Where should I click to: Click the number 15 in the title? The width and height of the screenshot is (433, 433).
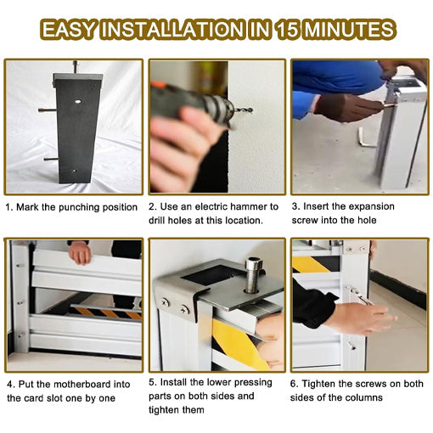tap(287, 31)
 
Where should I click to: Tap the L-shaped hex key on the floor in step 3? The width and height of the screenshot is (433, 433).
tap(365, 137)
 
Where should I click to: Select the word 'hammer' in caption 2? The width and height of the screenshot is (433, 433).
tap(244, 206)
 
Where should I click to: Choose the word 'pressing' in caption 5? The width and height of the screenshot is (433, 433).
tap(251, 382)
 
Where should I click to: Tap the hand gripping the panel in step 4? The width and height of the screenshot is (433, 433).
tap(80, 251)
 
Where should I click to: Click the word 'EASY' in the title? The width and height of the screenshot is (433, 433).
tap(69, 31)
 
